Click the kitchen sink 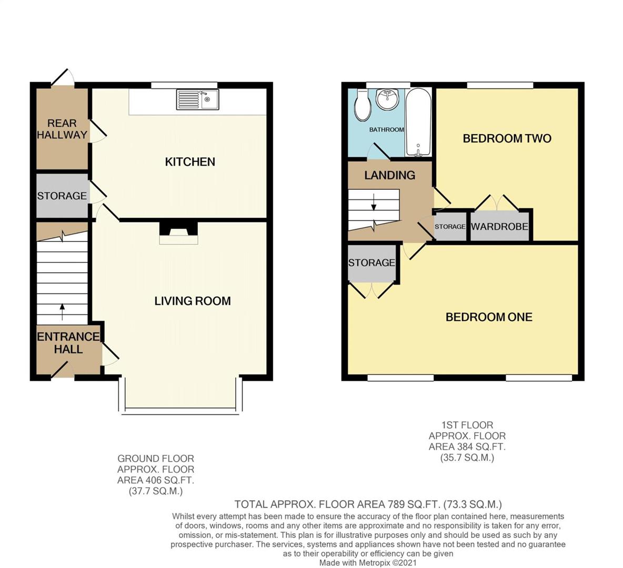click(197, 99)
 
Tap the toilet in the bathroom click(363, 105)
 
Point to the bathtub click(418, 123)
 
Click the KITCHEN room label click(190, 161)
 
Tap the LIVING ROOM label click(193, 301)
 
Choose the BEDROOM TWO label click(507, 139)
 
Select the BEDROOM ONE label click(489, 317)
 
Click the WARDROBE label click(499, 226)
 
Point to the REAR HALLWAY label click(62, 129)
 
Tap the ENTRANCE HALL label click(68, 343)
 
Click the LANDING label click(390, 175)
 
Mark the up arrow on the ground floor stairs click(62, 312)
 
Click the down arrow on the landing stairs click(374, 201)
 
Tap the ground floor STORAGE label click(62, 196)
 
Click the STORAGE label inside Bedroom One click(371, 262)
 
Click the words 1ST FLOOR click(467, 425)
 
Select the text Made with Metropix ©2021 click(368, 563)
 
